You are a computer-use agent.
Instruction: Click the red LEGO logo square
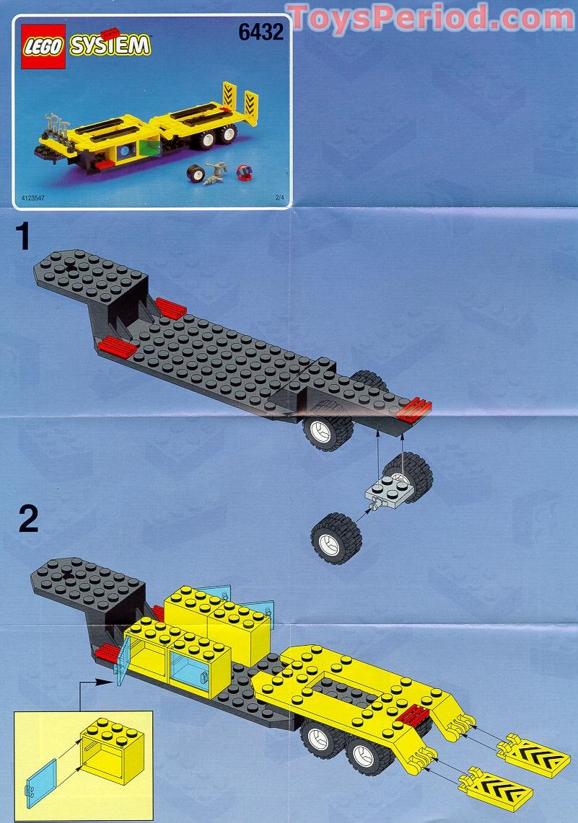[43, 46]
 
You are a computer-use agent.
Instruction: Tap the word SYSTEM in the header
[110, 46]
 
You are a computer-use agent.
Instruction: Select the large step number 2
[27, 518]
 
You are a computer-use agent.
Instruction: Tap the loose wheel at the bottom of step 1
[336, 537]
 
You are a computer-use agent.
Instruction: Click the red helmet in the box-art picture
[244, 174]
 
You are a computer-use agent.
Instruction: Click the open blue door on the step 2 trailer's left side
[122, 661]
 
